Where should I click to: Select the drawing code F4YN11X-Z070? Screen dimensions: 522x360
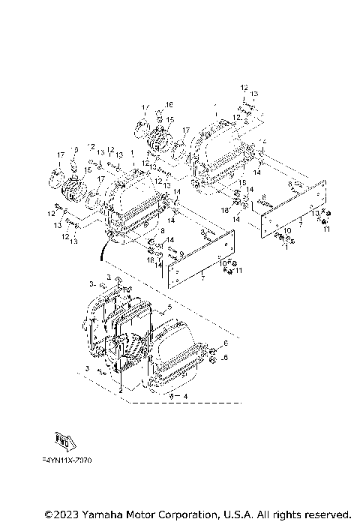click(x=67, y=460)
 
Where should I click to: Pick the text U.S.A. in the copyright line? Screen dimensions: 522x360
click(x=234, y=514)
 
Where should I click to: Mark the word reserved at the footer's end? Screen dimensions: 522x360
click(x=325, y=514)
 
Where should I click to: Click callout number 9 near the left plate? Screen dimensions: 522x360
click(x=180, y=254)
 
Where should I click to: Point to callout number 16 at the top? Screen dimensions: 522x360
click(x=169, y=104)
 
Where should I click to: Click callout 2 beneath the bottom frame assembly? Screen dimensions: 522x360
click(x=119, y=391)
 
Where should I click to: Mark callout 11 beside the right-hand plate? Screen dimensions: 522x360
click(x=326, y=228)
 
